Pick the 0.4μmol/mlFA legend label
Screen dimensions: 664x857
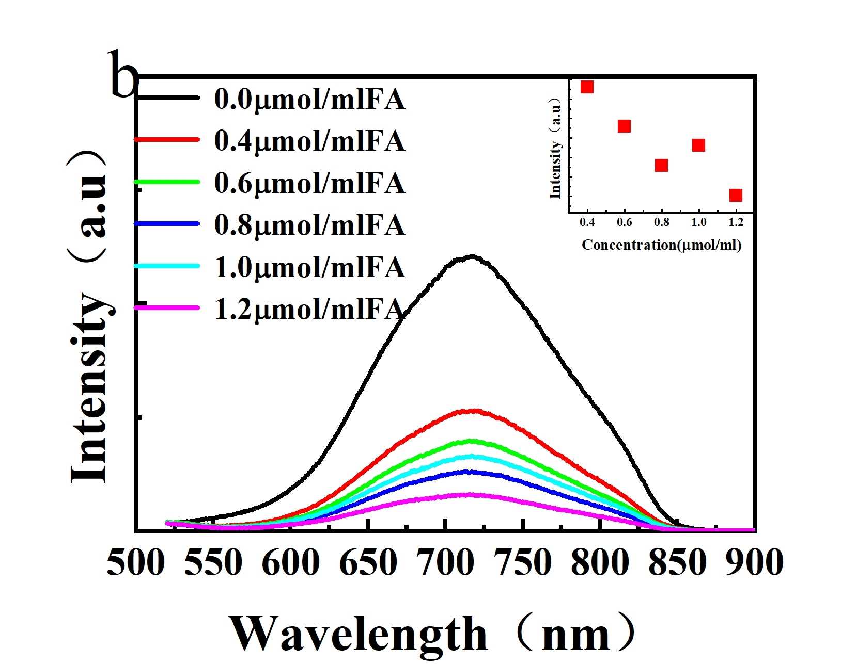309,141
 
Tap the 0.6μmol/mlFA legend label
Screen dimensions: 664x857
309,183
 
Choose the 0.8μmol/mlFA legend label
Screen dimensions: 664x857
309,225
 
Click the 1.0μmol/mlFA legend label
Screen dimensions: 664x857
309,268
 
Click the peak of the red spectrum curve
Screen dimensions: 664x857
474,411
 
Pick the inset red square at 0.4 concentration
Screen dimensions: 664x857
587,87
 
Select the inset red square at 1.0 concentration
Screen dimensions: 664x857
698,145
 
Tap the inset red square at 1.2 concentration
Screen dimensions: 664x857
736,195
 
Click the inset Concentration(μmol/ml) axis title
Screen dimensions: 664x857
661,245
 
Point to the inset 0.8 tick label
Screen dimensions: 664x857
661,222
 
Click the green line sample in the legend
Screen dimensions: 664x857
167,182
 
